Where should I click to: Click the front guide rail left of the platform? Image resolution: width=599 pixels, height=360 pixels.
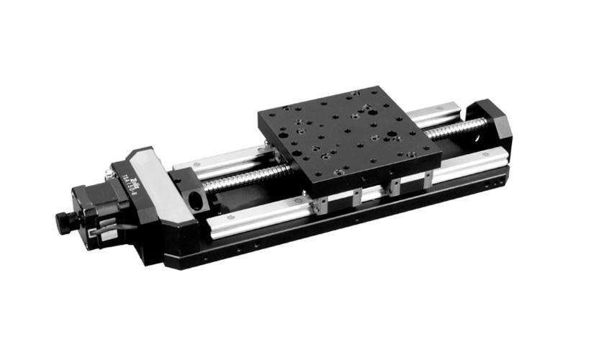(x=259, y=215)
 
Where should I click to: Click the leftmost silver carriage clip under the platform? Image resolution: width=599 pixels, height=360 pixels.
(x=321, y=206)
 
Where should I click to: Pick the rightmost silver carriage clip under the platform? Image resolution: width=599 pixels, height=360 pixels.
(x=429, y=177)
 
